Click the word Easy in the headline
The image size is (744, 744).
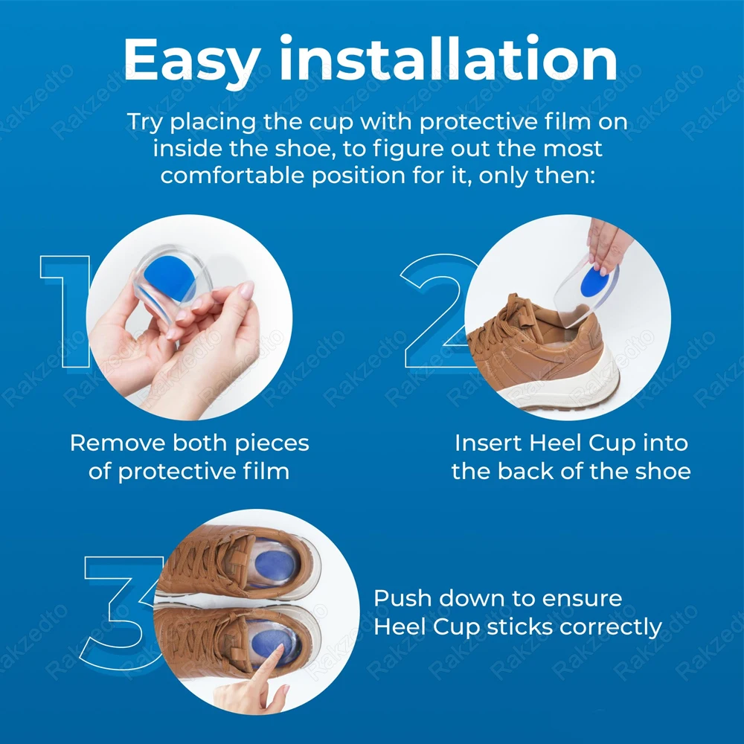[x=192, y=60]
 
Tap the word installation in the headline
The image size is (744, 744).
[x=449, y=57]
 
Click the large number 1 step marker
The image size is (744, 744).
[x=65, y=311]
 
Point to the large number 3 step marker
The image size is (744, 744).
[x=121, y=613]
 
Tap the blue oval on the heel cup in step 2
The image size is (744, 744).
[x=595, y=279]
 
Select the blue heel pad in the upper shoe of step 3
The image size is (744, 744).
[x=275, y=565]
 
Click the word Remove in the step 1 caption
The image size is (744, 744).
[x=118, y=443]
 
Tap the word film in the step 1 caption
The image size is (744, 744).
[x=266, y=471]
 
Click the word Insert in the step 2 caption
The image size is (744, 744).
[x=489, y=443]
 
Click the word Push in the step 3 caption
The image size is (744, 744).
[x=403, y=598]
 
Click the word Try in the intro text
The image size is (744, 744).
[x=145, y=123]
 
